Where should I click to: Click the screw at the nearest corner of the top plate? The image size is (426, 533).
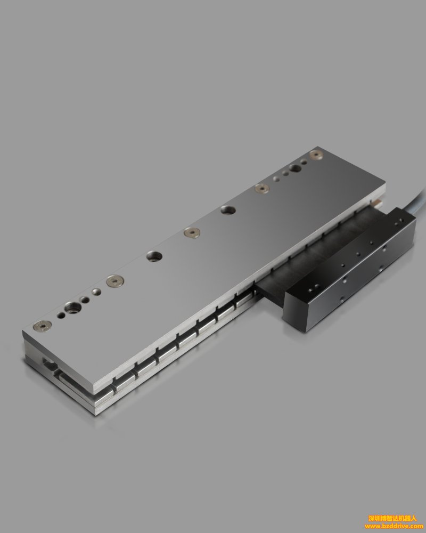tap(43, 326)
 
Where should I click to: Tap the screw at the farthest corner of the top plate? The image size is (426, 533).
tap(316, 155)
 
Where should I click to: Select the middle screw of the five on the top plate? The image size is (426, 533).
tap(192, 232)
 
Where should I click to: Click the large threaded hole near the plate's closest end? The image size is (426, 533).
tap(73, 308)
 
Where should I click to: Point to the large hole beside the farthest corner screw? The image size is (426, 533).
tap(295, 168)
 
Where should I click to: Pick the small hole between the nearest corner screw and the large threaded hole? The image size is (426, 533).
tap(61, 316)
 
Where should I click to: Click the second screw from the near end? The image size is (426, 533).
tap(115, 281)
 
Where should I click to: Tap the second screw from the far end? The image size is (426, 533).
tap(262, 188)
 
